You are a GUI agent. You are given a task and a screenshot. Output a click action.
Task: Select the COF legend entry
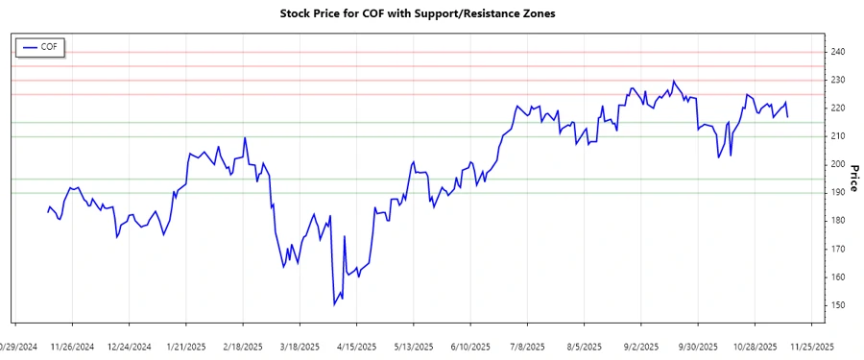pos(40,46)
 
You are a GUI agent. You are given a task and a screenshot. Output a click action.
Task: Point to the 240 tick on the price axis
pos(838,52)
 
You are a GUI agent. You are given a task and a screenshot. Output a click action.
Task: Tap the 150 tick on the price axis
pos(838,305)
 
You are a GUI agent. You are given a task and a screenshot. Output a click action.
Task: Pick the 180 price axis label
pos(838,221)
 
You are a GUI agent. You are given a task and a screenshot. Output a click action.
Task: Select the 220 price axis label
pos(838,108)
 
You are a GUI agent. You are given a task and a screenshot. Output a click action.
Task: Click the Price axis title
pos(854,178)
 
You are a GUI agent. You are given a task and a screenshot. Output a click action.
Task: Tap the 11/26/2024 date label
pos(72,347)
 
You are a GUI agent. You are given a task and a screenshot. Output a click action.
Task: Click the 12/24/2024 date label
pos(129,347)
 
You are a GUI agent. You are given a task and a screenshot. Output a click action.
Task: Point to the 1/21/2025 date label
pos(186,347)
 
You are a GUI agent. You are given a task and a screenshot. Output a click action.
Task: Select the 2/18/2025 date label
pos(243,347)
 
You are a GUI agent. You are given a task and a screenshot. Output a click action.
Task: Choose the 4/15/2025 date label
pos(356,347)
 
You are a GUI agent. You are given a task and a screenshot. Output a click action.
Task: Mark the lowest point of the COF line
pos(334,305)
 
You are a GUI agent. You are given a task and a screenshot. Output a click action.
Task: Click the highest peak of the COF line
pos(673,81)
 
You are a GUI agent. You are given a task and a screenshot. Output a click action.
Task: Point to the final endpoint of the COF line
pos(788,117)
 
